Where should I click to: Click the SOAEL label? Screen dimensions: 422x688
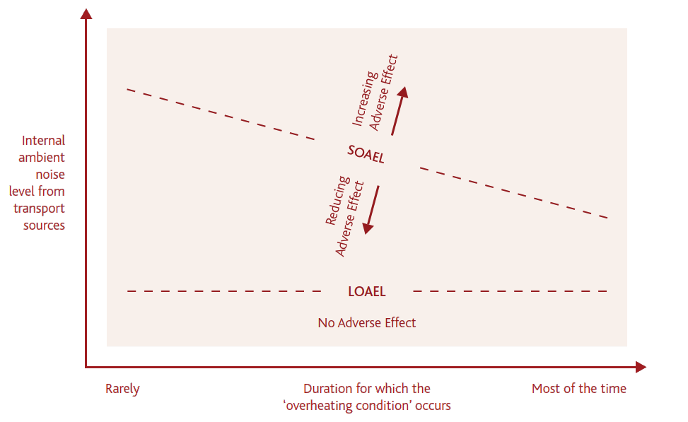click(x=366, y=153)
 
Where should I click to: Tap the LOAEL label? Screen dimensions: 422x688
click(x=366, y=291)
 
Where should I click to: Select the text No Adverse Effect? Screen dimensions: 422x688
click(x=366, y=323)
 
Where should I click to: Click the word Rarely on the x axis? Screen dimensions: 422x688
click(x=122, y=389)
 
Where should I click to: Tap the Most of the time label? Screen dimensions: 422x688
click(x=578, y=389)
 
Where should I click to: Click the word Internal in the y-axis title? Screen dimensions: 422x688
click(x=43, y=140)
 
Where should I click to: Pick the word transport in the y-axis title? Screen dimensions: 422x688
click(x=39, y=209)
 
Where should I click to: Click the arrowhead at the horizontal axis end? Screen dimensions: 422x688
click(x=641, y=367)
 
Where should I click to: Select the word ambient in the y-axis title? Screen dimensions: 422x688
click(x=42, y=158)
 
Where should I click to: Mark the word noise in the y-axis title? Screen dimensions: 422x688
click(x=49, y=175)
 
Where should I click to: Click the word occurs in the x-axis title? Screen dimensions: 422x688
click(x=433, y=406)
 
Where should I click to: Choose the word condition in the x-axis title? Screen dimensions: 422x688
click(x=383, y=406)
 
